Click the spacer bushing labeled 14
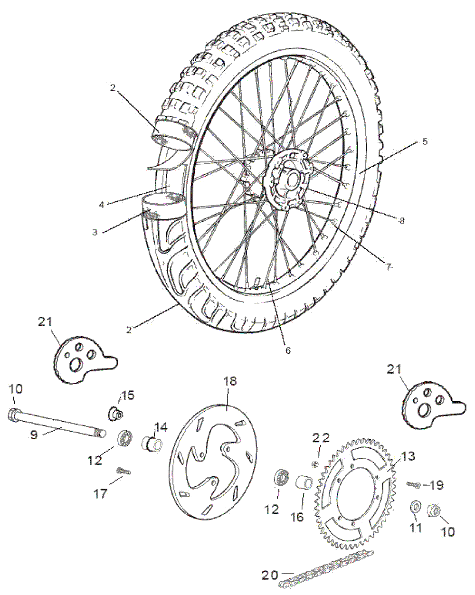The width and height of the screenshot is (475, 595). pos(152,445)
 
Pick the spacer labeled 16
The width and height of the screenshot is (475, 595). pos(304,485)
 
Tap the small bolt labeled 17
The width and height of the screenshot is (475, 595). pos(123,471)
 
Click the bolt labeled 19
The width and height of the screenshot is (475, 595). pos(413,485)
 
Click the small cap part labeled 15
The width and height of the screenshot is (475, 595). pos(115,413)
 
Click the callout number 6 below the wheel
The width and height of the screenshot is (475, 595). pos(288,350)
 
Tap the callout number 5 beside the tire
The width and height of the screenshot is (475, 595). pos(425,141)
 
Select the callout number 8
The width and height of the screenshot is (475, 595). pos(402,220)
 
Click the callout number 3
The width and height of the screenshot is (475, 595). pos(95,232)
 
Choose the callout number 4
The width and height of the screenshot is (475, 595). pos(101,205)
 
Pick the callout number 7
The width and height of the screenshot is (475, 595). pos(389,267)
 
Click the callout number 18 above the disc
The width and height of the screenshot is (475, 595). pos(230,381)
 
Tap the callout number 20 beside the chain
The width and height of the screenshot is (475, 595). pos(270,575)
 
